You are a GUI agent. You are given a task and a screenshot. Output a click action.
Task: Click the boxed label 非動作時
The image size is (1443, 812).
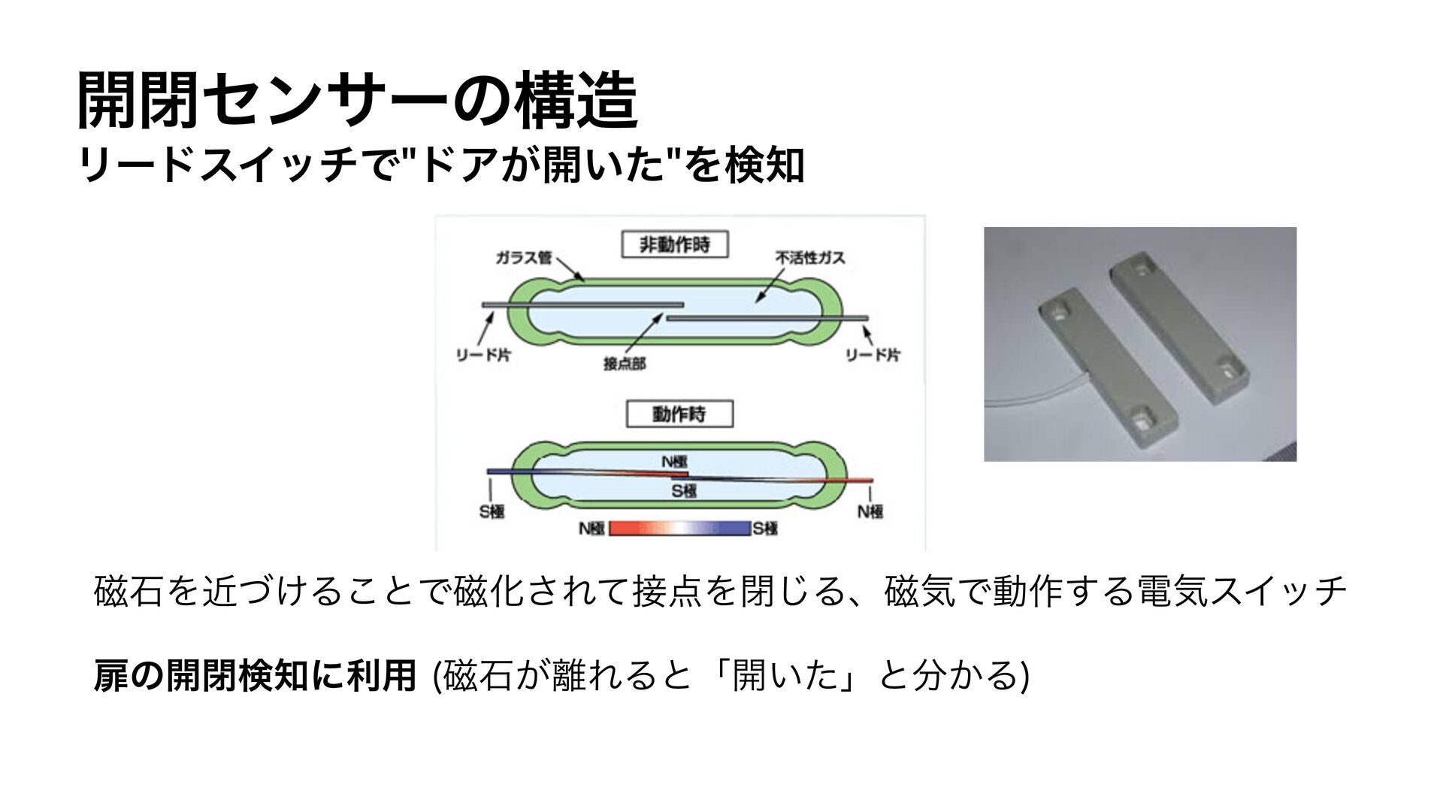coord(674,246)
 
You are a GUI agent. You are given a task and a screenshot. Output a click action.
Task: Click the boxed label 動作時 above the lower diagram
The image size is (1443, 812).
coord(679,414)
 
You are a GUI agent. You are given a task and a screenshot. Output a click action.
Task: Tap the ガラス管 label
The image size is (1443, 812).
coord(523,258)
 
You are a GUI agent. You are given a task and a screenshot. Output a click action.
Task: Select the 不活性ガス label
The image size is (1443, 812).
coord(810,258)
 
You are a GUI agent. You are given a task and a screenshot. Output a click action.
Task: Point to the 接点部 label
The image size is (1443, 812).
coord(624,364)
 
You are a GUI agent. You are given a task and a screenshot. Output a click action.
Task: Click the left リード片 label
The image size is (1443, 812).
coord(483,356)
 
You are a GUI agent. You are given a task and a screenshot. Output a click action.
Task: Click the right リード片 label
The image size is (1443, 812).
coord(873,356)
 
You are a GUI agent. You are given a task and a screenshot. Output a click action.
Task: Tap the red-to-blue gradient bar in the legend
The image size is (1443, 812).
coord(679,528)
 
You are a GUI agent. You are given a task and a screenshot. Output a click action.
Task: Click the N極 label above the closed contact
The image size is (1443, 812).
coord(674,462)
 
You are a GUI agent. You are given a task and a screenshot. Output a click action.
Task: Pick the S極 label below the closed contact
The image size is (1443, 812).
coord(684,492)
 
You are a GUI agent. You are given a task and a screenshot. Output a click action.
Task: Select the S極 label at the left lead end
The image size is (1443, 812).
coord(492,511)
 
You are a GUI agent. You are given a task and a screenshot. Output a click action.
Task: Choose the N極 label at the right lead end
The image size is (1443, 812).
coord(870,511)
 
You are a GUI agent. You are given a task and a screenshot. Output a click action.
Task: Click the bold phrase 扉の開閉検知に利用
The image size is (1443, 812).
coord(255,674)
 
